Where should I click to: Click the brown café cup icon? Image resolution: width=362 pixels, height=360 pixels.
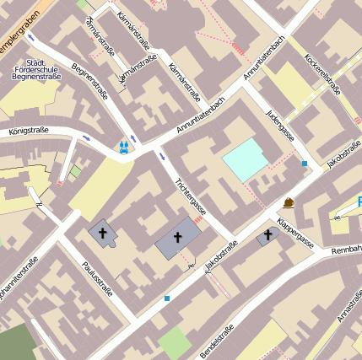(289, 202)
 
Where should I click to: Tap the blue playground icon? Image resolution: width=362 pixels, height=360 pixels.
(124, 147)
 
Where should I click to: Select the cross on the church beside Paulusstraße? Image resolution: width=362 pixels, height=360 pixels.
(103, 232)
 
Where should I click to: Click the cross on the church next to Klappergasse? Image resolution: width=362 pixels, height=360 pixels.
(268, 235)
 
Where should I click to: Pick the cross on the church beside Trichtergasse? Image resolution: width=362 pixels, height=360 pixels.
(178, 239)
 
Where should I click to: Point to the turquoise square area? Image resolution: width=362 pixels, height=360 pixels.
(246, 159)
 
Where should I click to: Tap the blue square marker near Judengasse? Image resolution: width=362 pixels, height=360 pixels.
(305, 164)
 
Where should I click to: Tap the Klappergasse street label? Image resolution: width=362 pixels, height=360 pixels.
(295, 229)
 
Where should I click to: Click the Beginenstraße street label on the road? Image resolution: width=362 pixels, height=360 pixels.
(87, 81)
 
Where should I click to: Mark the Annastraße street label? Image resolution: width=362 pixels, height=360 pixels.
(348, 308)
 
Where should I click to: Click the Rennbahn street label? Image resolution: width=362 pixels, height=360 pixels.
(346, 250)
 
